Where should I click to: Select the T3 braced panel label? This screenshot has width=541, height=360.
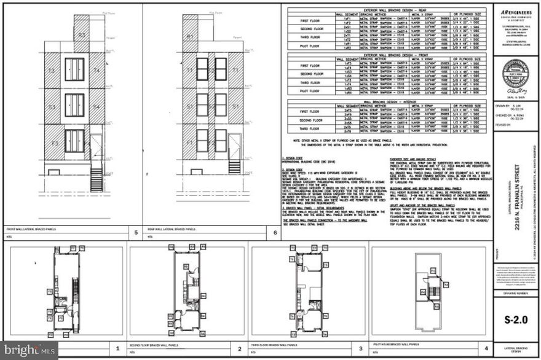point(52,71)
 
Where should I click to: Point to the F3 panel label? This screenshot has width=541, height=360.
point(54,144)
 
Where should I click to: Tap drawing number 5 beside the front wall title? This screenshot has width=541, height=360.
point(136,233)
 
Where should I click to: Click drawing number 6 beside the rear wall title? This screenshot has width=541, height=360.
point(274,233)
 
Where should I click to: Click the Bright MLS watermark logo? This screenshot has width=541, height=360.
point(29,350)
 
